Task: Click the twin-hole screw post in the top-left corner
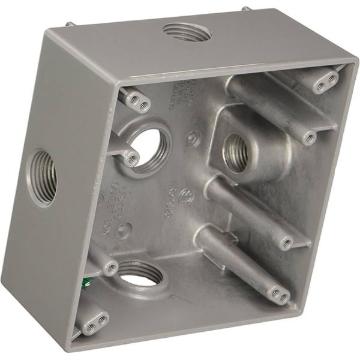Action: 134,96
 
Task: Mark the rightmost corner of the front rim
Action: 353,68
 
